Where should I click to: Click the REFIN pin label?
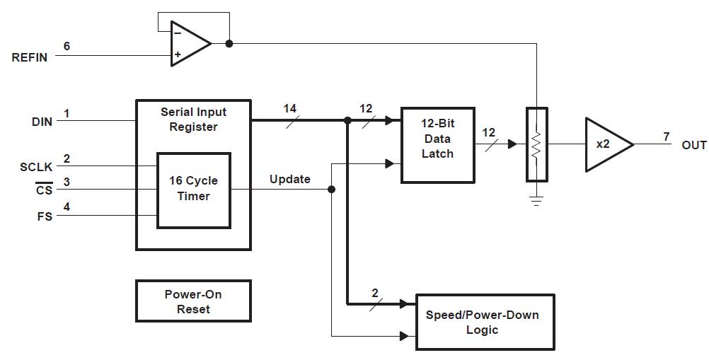30,57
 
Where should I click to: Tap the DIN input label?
42,122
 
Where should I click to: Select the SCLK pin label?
36,167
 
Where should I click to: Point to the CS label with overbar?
45,190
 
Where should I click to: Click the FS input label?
45,216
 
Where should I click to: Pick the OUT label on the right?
693,145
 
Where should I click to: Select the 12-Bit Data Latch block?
438,145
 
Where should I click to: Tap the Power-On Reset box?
194,301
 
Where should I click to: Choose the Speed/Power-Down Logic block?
485,322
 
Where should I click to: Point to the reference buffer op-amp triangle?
190,44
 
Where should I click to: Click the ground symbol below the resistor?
537,201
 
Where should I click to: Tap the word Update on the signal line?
290,179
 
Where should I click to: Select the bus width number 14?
290,108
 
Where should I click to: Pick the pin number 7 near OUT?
667,137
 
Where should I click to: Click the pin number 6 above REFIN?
67,46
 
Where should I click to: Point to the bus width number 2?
375,293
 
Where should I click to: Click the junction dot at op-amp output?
229,44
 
